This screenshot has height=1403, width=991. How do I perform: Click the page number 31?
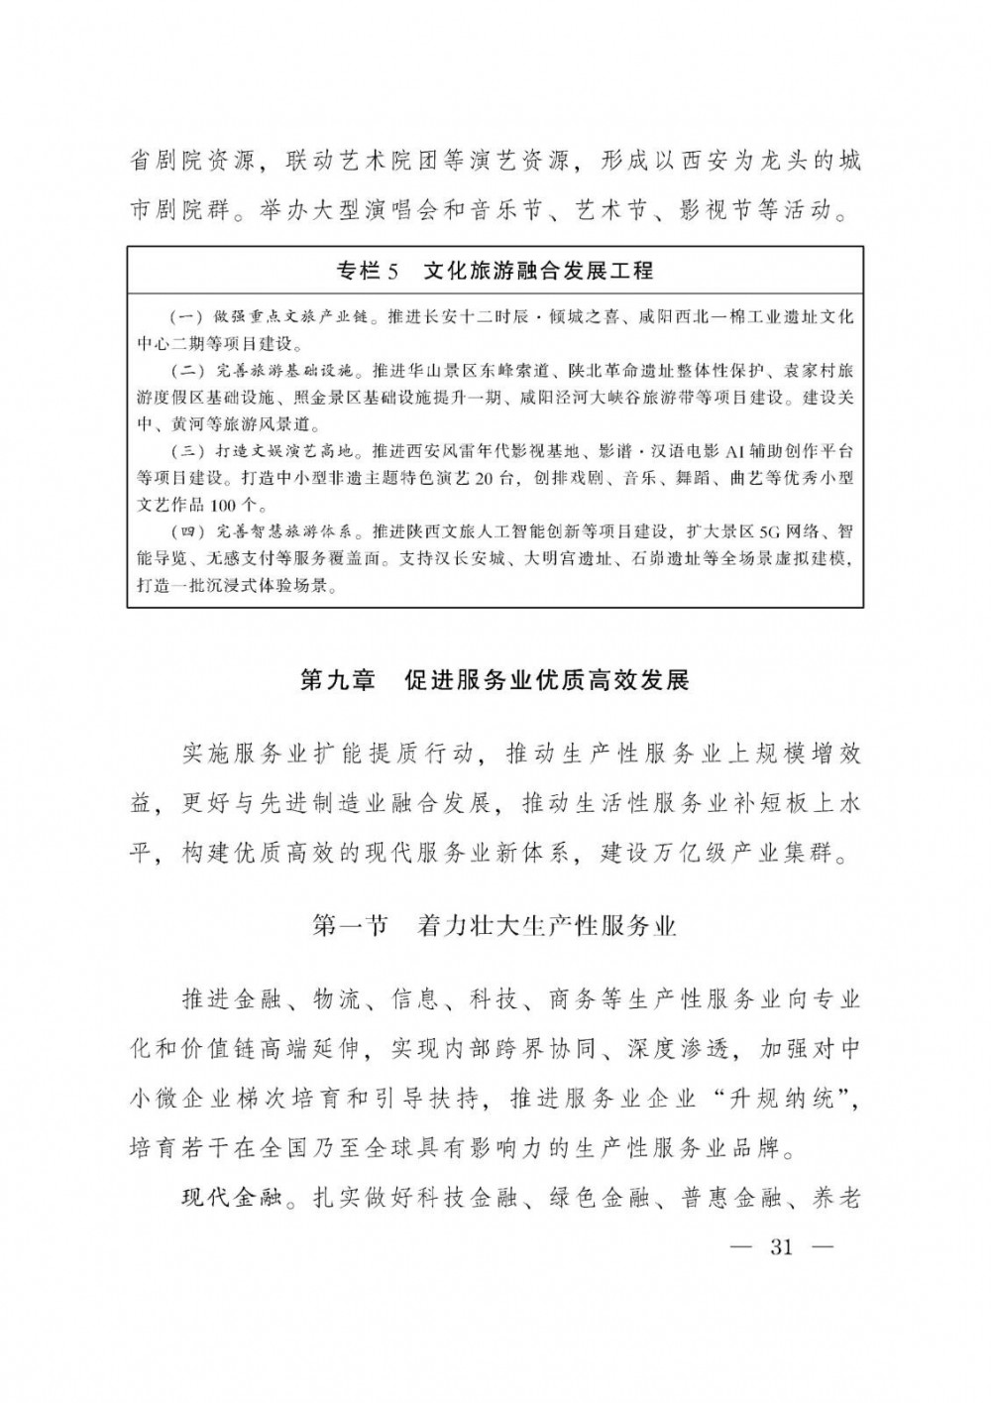tap(781, 1247)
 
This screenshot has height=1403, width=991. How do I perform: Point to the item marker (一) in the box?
tap(188, 318)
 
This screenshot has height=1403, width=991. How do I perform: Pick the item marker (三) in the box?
tap(188, 451)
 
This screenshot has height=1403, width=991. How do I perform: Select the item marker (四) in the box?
tap(188, 530)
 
